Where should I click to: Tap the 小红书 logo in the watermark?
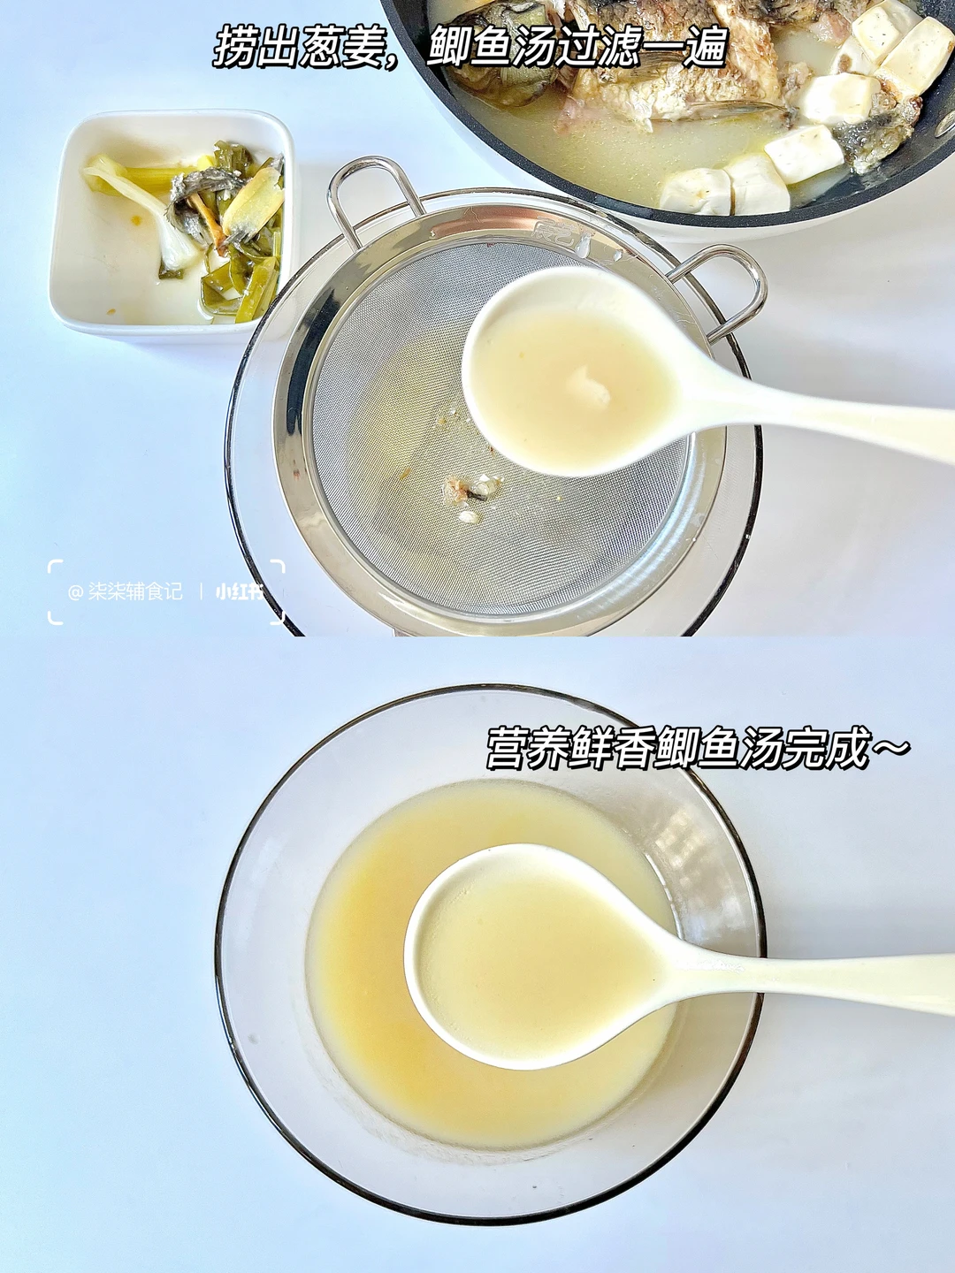pos(240,592)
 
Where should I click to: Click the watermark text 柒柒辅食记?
pos(135,592)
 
